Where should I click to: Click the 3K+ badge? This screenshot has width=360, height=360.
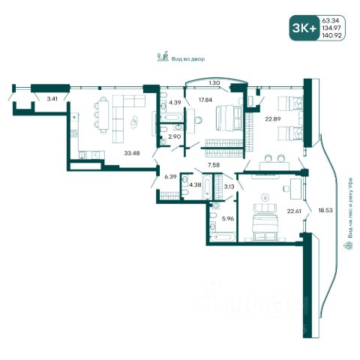pyautogui.click(x=304, y=28)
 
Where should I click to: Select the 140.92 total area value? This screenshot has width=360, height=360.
pyautogui.click(x=331, y=35)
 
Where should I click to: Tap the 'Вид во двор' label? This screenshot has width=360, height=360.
pyautogui.click(x=188, y=59)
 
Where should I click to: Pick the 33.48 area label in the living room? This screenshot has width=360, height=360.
pyautogui.click(x=132, y=153)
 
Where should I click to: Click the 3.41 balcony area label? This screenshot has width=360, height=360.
pyautogui.click(x=52, y=99)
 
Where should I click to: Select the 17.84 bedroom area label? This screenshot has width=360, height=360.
pyautogui.click(x=205, y=100)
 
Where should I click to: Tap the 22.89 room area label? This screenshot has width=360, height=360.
pyautogui.click(x=273, y=119)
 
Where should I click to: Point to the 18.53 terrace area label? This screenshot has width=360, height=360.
pyautogui.click(x=325, y=210)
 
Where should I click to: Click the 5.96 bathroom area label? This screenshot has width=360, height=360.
pyautogui.click(x=228, y=218)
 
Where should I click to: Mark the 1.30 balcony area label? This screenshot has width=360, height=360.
pyautogui.click(x=214, y=83)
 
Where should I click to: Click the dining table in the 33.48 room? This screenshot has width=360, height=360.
pyautogui.click(x=103, y=115)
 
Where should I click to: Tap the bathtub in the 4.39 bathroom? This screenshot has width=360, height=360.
pyautogui.click(x=171, y=118)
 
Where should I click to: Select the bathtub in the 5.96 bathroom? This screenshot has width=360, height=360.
pyautogui.click(x=223, y=237)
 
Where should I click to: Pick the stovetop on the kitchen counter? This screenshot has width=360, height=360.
pyautogui.click(x=74, y=133)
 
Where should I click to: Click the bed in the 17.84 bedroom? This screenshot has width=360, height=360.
pyautogui.click(x=229, y=118)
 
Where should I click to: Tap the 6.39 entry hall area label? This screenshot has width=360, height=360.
pyautogui.click(x=170, y=176)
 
